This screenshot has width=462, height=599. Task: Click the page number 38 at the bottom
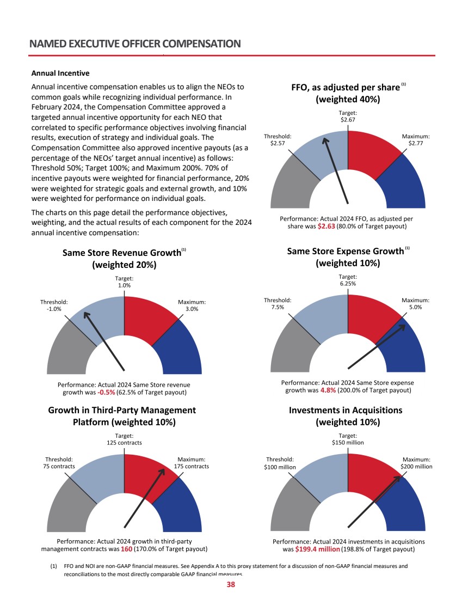pyautogui.click(x=231, y=585)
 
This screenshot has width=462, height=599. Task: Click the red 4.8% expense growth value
pyautogui.click(x=328, y=390)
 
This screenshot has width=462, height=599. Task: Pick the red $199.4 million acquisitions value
pyautogui.click(x=317, y=549)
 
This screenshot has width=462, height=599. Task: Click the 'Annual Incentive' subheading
pyautogui.click(x=60, y=73)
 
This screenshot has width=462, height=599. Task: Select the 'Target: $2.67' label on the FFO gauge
pyautogui.click(x=348, y=116)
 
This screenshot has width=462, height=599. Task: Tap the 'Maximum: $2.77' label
pyautogui.click(x=416, y=140)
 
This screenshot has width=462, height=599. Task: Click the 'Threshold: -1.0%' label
pyautogui.click(x=54, y=305)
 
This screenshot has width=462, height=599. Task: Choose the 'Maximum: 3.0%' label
pyautogui.click(x=192, y=305)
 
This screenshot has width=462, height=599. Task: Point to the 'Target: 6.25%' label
pyautogui.click(x=348, y=280)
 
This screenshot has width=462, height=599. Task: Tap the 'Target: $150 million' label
pyautogui.click(x=348, y=439)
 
